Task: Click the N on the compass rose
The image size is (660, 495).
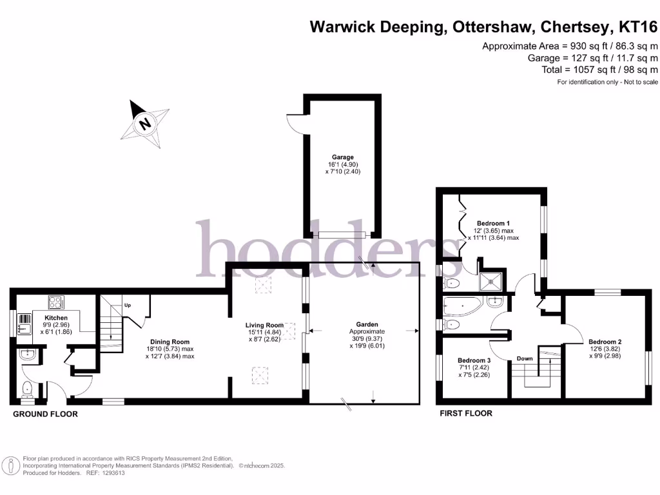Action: (x=146, y=122)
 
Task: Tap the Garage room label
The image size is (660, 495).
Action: (x=342, y=157)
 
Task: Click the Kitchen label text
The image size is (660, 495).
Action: (x=56, y=318)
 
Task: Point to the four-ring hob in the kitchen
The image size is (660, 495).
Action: (x=55, y=301)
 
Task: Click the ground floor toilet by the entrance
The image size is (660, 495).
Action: (x=26, y=389)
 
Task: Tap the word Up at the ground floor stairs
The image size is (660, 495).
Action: (x=128, y=305)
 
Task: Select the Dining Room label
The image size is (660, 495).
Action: (x=170, y=342)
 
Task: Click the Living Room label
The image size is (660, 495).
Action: (x=264, y=325)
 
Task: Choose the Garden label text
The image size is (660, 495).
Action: (x=367, y=325)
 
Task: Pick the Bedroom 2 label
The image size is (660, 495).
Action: (x=605, y=342)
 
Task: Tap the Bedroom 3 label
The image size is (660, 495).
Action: (x=474, y=360)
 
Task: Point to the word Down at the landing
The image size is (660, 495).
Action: (x=525, y=358)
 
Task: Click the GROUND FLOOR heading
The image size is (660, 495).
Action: (x=46, y=414)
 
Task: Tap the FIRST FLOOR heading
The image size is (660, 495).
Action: (x=466, y=413)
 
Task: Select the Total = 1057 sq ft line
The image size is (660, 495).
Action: (x=599, y=70)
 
